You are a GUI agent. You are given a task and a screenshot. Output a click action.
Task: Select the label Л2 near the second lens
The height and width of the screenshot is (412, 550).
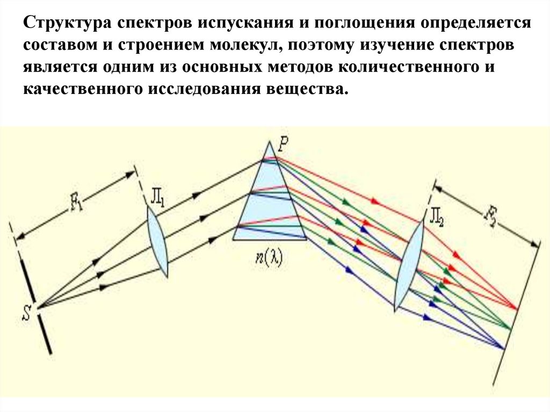click(436, 218)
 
